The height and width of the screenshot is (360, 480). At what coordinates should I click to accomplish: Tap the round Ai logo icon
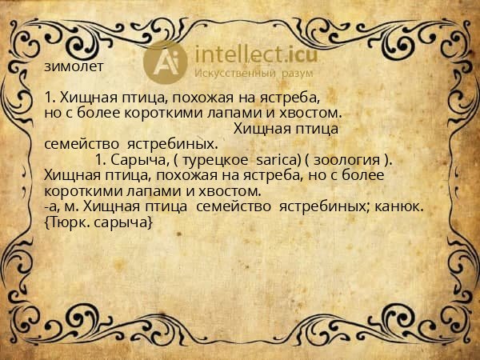166,61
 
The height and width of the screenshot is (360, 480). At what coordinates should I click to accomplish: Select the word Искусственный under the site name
236,73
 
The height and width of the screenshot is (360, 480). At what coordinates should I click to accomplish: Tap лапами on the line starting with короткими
150,191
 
